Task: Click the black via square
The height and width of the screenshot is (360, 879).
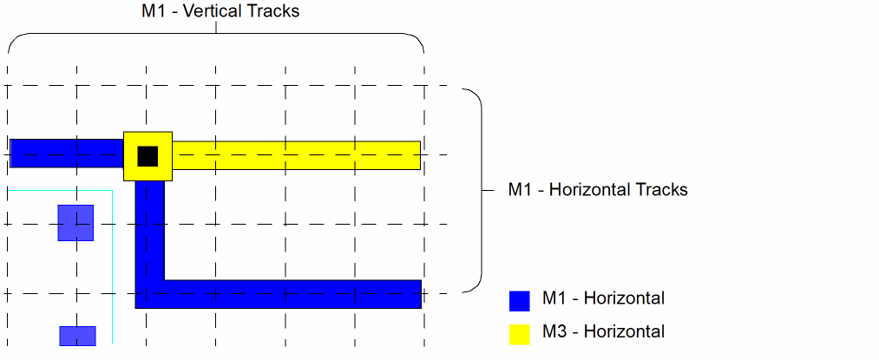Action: [148, 156]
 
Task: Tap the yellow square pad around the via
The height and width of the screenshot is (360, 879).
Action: [131, 173]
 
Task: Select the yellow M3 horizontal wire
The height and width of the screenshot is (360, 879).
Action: [295, 155]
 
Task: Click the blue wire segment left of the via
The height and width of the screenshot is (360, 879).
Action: [66, 153]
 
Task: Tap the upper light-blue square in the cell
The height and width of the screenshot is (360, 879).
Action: [75, 222]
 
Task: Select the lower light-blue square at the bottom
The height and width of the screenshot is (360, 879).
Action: [77, 336]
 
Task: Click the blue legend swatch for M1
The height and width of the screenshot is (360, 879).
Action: [519, 300]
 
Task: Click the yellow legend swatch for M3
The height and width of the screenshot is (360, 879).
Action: [519, 334]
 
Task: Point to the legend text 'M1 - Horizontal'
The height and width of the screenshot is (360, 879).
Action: [603, 299]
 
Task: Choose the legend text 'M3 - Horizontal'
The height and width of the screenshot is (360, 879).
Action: [603, 332]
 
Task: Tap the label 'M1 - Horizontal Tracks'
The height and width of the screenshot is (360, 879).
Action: [597, 189]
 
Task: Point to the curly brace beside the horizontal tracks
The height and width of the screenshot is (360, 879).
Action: [476, 189]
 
